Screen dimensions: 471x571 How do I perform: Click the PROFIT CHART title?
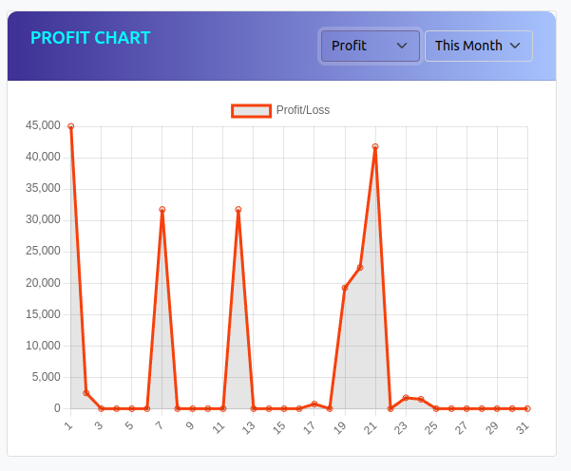(x=90, y=38)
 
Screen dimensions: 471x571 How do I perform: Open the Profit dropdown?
(x=370, y=46)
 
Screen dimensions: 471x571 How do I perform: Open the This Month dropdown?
(x=478, y=46)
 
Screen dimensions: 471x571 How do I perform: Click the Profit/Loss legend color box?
(x=252, y=111)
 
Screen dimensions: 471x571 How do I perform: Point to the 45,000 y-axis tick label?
(x=44, y=125)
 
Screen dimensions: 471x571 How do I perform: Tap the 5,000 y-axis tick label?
(x=47, y=377)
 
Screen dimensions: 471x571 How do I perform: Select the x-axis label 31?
(x=523, y=428)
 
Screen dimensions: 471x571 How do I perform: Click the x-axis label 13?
(x=248, y=428)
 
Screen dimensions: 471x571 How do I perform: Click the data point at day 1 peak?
(x=71, y=126)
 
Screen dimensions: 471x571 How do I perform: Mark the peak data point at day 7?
(x=162, y=210)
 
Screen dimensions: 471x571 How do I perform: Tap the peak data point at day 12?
(x=238, y=210)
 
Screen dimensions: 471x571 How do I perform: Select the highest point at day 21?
(x=375, y=147)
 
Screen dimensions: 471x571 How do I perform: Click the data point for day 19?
(x=345, y=288)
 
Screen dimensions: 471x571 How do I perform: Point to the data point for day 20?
(x=360, y=268)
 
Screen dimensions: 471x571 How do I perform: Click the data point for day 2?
(x=86, y=393)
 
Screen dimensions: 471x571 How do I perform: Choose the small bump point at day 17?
(x=314, y=404)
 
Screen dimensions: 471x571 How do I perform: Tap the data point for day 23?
(x=406, y=398)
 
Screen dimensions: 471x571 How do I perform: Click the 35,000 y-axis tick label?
(x=44, y=188)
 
